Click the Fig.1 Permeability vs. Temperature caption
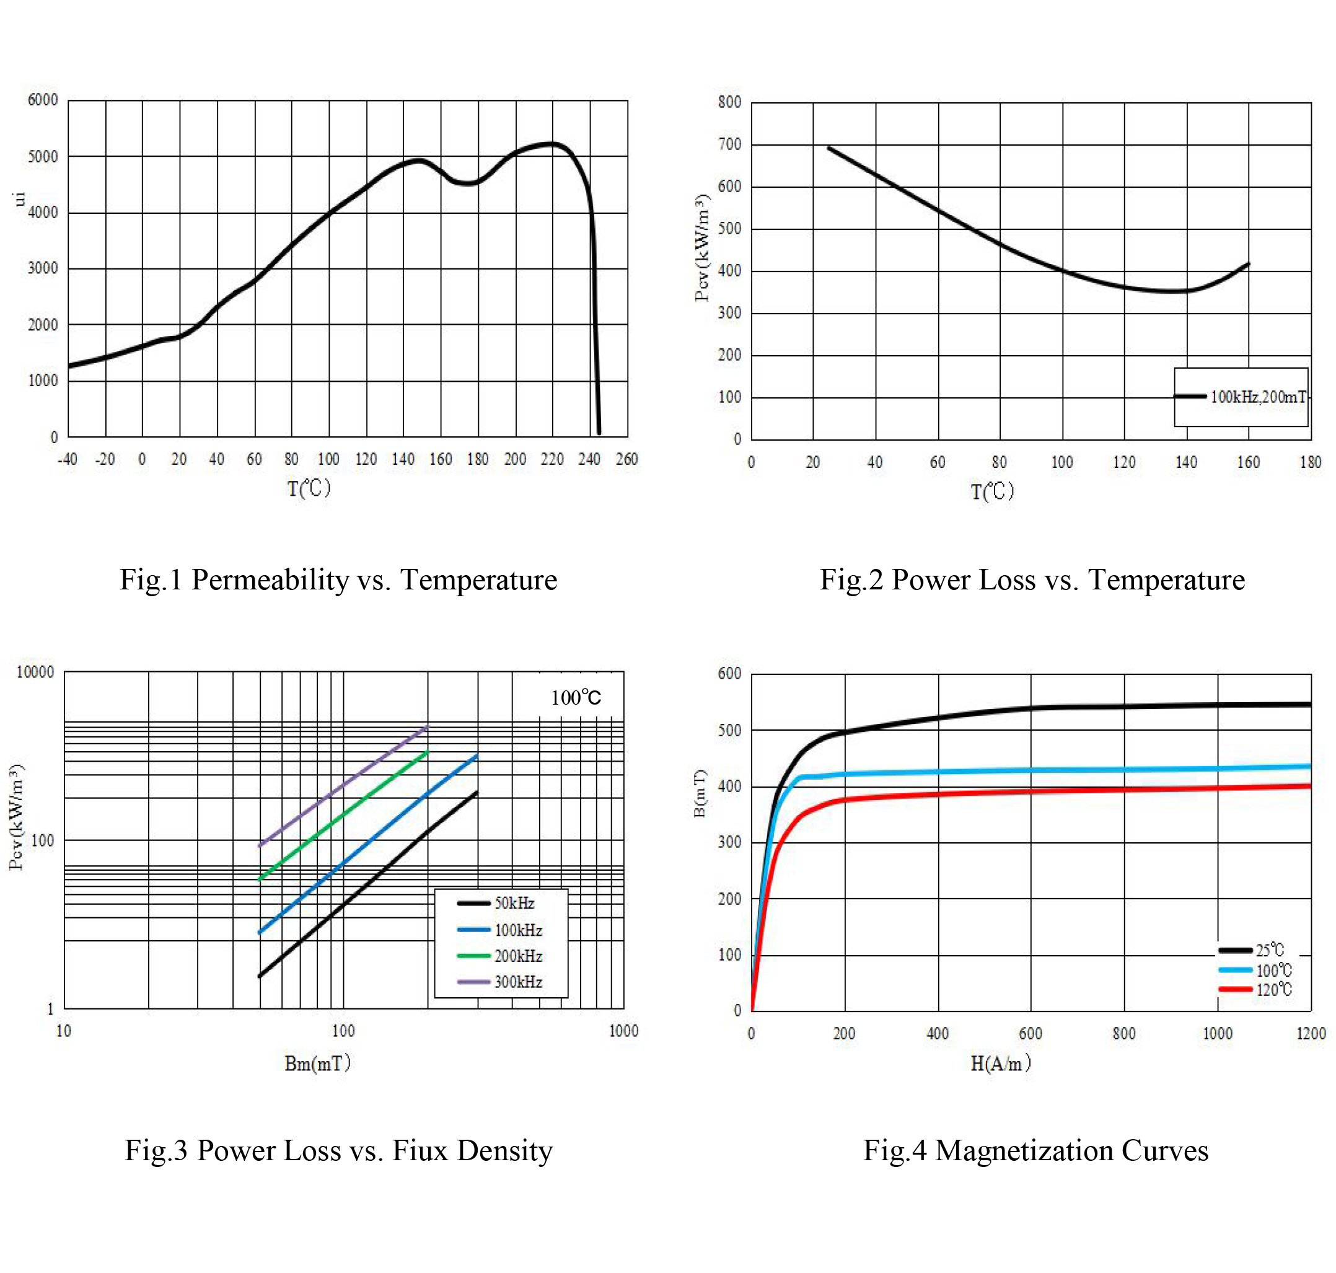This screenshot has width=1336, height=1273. point(338,580)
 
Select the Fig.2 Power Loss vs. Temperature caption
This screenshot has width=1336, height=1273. point(1031,580)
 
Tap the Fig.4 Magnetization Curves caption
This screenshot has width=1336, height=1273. point(1035,1151)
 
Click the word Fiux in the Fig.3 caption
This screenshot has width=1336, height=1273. point(421,1151)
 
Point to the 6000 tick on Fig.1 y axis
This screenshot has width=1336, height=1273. point(42,100)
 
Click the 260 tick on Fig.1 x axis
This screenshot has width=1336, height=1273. point(626,459)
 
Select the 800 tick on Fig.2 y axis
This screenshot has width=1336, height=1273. point(729,102)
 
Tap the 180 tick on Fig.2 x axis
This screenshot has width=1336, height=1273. point(1309,463)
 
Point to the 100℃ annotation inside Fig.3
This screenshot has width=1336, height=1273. point(576,698)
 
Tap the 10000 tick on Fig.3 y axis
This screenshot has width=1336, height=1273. point(35,672)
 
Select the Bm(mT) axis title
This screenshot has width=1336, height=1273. point(317,1063)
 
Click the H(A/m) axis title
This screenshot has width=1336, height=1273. point(1000,1063)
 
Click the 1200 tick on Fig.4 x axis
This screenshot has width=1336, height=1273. point(1310,1034)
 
